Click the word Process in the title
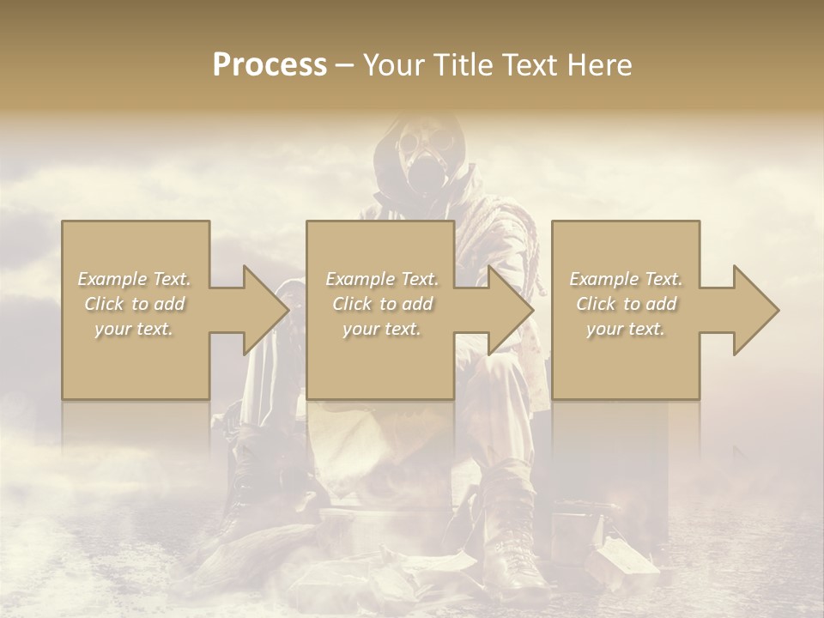click(x=270, y=65)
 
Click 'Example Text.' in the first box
click(x=135, y=279)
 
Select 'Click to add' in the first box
click(x=135, y=304)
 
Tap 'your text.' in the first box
click(x=135, y=329)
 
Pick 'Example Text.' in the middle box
click(x=382, y=279)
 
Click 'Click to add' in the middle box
click(x=382, y=304)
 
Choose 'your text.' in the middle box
click(x=382, y=329)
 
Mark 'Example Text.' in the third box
click(x=626, y=279)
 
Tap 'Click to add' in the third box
click(x=626, y=304)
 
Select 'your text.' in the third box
click(x=626, y=329)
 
